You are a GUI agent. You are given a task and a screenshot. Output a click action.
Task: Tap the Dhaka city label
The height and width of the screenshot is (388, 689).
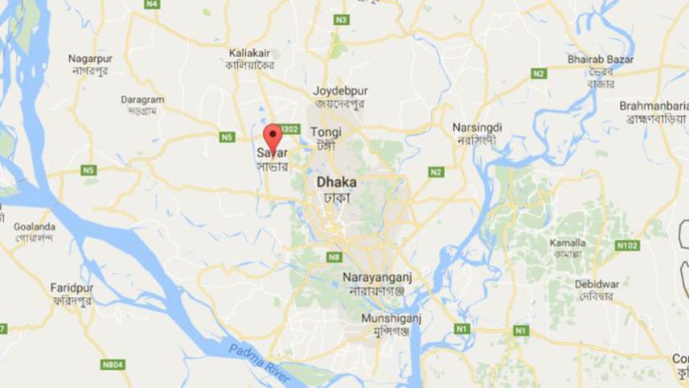point(336,182)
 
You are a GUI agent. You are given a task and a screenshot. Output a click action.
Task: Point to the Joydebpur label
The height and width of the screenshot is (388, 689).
point(339,90)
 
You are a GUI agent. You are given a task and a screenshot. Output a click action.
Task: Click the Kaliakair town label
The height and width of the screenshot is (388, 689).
point(250,52)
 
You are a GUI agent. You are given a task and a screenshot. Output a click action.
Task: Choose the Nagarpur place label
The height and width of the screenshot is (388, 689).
point(90,59)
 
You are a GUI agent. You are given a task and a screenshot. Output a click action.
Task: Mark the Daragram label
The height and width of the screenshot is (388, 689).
point(142,100)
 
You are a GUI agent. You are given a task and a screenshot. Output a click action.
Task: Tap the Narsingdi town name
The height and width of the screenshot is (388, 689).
point(477,127)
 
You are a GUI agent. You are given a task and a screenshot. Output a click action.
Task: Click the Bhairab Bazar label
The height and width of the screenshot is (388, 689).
point(601,60)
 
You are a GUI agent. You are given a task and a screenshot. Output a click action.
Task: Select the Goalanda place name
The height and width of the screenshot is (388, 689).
point(35,227)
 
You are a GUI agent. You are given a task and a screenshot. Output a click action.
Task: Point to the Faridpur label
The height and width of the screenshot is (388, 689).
point(72,287)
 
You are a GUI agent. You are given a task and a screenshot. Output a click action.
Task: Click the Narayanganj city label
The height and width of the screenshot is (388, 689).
point(377,276)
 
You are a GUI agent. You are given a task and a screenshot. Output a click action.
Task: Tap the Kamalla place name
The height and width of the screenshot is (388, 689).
point(568,242)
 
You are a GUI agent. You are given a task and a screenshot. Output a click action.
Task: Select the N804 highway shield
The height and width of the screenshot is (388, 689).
point(113,365)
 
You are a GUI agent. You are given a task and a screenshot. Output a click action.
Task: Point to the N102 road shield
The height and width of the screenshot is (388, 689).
point(627,245)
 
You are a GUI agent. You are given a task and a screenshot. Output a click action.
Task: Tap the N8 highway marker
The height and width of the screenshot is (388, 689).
point(334,257)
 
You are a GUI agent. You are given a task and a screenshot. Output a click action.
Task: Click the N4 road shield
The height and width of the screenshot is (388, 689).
point(152,4)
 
